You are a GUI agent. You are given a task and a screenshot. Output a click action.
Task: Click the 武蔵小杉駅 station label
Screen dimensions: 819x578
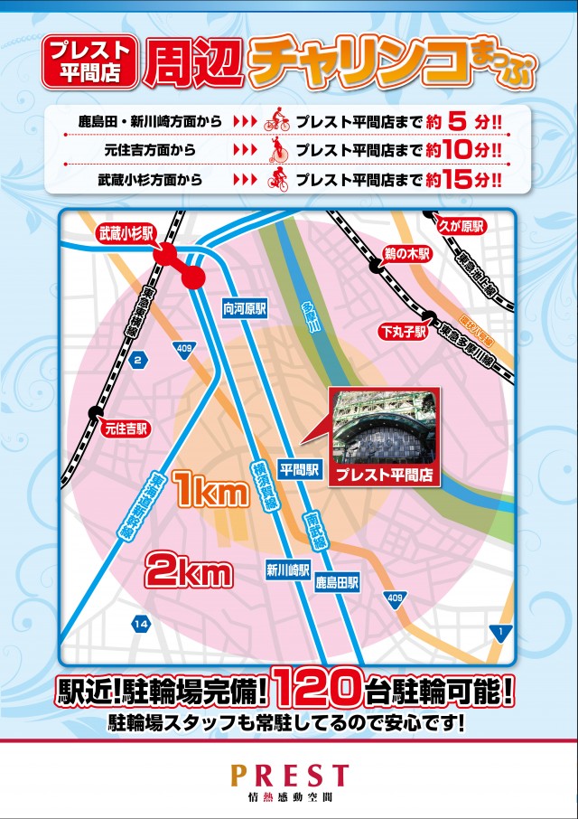tap(126, 232)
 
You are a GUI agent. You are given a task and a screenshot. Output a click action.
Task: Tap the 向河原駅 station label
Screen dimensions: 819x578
tap(245, 308)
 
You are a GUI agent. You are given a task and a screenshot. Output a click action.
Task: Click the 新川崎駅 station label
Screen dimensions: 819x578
tap(288, 570)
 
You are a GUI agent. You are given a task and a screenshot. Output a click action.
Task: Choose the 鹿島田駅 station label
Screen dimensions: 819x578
tap(338, 583)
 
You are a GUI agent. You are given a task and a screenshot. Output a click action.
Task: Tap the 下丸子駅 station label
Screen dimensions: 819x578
tap(402, 333)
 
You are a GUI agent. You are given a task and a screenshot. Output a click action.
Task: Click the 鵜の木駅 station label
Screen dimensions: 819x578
tap(406, 256)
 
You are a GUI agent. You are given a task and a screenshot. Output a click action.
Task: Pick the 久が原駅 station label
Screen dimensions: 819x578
tap(461, 224)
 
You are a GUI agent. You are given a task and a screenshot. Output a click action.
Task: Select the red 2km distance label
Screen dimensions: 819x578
tap(189, 570)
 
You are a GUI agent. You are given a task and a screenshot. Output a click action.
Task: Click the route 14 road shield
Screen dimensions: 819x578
tap(140, 624)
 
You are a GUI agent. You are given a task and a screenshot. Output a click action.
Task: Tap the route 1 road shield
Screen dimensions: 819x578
tap(498, 629)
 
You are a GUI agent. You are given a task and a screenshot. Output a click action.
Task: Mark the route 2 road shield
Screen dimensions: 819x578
tap(138, 362)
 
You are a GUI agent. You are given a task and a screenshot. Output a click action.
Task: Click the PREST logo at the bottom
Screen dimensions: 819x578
tap(289, 776)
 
